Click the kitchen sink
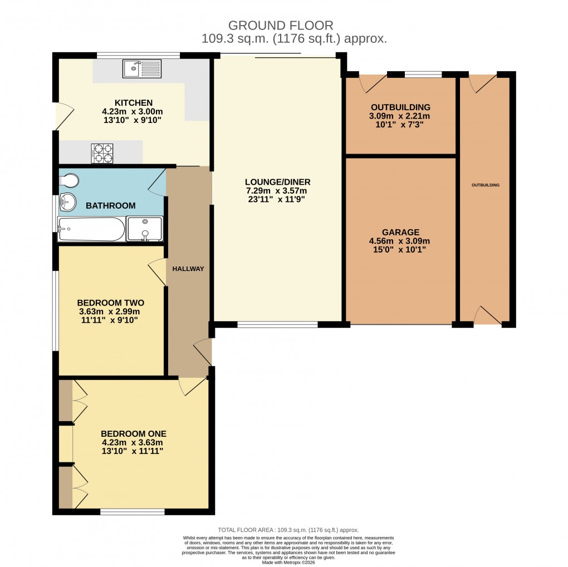click(142, 68)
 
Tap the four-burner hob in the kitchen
click(102, 153)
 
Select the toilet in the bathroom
click(69, 181)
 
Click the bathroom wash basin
click(67, 202)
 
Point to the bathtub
click(91, 229)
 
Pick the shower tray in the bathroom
click(145, 229)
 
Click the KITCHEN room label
click(133, 102)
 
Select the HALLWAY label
click(188, 269)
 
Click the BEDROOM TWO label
click(110, 303)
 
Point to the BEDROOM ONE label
click(133, 433)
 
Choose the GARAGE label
click(400, 232)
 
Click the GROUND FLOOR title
click(281, 25)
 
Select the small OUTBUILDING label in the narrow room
click(486, 185)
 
